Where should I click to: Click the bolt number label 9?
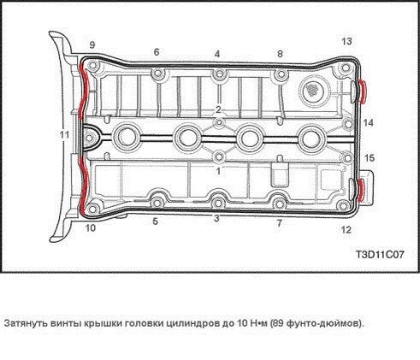(92, 45)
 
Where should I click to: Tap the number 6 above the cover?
(157, 52)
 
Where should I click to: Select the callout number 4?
(217, 54)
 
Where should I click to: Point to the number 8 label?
(280, 54)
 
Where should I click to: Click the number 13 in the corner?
(346, 42)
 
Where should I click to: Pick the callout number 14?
(368, 123)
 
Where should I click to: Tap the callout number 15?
(370, 158)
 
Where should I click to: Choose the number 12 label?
(346, 230)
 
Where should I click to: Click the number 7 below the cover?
(280, 223)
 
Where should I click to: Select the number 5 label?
(155, 221)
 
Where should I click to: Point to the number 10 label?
(91, 228)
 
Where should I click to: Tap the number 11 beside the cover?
(64, 134)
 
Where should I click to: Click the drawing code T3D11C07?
(380, 254)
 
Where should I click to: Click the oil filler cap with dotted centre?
(314, 91)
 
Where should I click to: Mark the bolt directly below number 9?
(92, 66)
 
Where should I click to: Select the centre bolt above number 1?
(219, 156)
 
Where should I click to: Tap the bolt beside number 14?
(348, 124)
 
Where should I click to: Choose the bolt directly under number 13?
(346, 68)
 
